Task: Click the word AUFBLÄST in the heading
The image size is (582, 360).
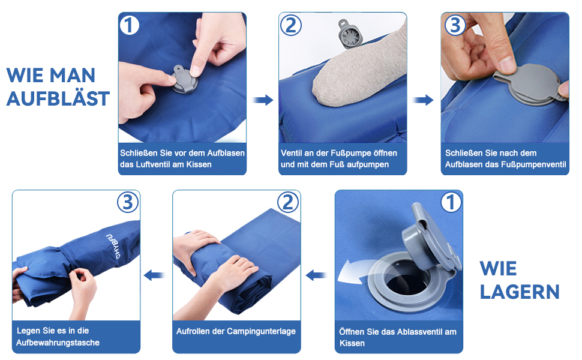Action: (58, 98)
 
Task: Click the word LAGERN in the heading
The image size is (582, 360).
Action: (519, 292)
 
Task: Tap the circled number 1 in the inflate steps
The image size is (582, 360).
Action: (129, 26)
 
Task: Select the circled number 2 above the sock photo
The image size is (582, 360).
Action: (290, 26)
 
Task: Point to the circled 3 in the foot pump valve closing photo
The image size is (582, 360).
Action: (455, 25)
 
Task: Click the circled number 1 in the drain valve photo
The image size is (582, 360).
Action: (451, 203)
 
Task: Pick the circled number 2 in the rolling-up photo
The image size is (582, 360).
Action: (288, 203)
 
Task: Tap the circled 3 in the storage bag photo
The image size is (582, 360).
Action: (128, 203)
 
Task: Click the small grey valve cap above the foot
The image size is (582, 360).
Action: (349, 35)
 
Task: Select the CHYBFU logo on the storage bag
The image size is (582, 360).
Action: (113, 247)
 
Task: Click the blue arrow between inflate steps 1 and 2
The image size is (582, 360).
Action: (263, 100)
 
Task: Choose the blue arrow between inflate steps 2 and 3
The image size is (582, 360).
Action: (423, 100)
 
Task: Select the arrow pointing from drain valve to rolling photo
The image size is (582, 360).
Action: (316, 275)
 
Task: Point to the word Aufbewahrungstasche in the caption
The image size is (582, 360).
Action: (58, 343)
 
